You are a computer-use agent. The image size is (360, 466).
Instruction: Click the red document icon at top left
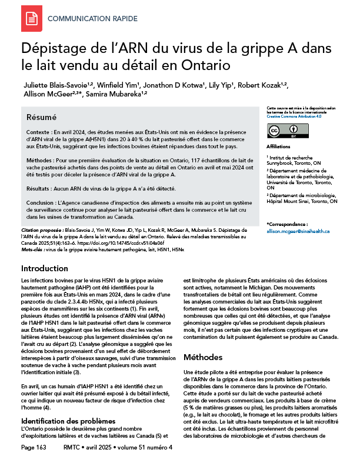tap(31, 19)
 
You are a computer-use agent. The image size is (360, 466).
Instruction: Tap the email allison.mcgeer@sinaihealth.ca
tap(298, 232)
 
